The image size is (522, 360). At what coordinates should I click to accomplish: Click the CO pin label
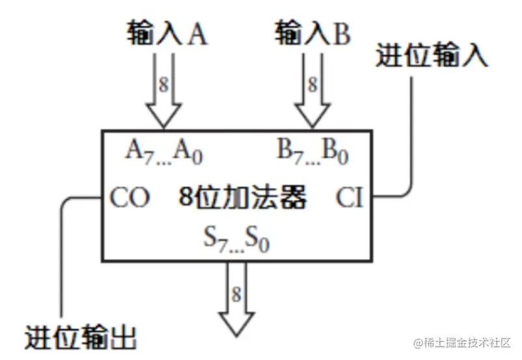tap(130, 197)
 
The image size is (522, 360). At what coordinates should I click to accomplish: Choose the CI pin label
tap(350, 197)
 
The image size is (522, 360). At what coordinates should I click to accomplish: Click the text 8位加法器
tap(242, 197)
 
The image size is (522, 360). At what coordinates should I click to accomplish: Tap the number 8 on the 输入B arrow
tap(312, 84)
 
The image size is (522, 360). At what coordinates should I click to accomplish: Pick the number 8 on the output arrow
tap(236, 294)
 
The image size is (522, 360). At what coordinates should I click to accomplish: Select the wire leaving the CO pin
tap(62, 260)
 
